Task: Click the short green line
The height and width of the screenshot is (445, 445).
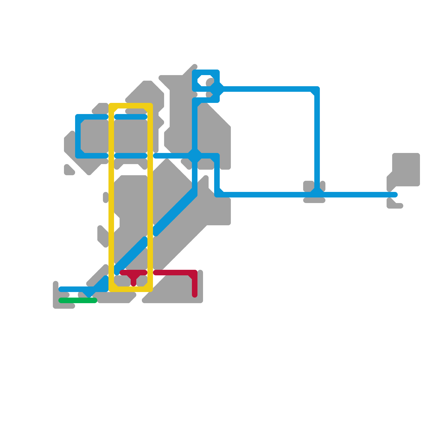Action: point(78,300)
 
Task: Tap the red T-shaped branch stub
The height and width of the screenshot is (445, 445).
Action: point(133,280)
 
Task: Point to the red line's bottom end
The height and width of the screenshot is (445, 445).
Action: point(195,295)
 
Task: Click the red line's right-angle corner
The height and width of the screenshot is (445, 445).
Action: point(194,273)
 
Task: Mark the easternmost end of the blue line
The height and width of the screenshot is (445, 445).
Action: point(395,195)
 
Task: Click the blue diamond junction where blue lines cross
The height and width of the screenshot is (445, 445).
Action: point(195,156)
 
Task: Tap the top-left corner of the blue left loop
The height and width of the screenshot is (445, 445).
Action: point(79,117)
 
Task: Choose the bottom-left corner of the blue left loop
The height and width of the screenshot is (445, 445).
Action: point(79,155)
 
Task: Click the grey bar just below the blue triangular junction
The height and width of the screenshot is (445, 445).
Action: point(314,201)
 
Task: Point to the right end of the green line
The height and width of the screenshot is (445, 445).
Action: point(95,300)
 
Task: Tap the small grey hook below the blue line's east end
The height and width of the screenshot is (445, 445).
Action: point(394,204)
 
